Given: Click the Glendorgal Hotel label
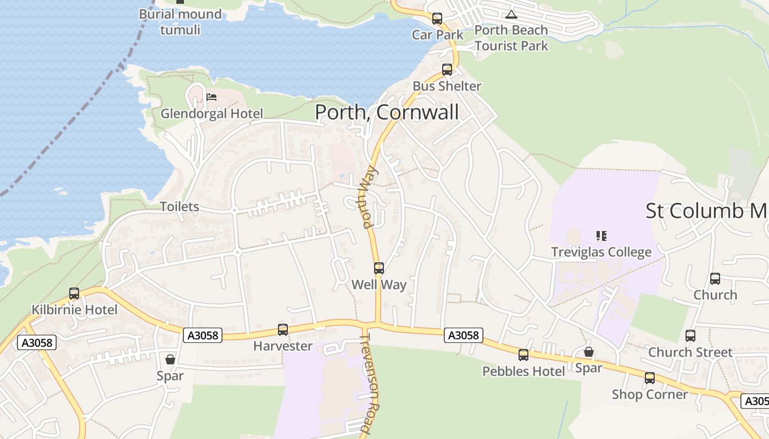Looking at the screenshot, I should tap(211, 114).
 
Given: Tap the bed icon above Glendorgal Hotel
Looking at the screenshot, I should tap(211, 98).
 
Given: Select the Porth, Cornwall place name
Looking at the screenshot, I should tap(387, 112).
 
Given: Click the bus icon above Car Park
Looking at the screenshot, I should tap(437, 19).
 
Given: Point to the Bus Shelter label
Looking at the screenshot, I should tap(447, 86).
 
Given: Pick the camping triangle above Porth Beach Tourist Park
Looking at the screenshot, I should tap(511, 15).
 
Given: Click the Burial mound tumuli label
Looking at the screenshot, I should tap(180, 21).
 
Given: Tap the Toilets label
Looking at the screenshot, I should tap(179, 207).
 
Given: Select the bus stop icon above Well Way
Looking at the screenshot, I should tap(379, 268).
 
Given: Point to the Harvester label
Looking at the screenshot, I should tap(282, 346).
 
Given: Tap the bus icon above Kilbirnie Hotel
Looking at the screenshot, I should tap(74, 294).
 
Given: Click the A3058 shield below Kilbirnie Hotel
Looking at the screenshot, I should tap(37, 343).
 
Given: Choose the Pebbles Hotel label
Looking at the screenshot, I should tap(523, 372).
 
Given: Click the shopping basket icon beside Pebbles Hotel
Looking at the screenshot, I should tap(588, 352).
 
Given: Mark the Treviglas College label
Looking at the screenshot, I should tap(601, 252).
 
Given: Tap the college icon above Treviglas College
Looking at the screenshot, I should tap(601, 236).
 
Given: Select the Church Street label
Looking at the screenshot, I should tap(690, 352).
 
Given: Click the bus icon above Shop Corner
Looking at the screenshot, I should tap(650, 378).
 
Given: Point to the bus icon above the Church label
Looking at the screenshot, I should tap(715, 279).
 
